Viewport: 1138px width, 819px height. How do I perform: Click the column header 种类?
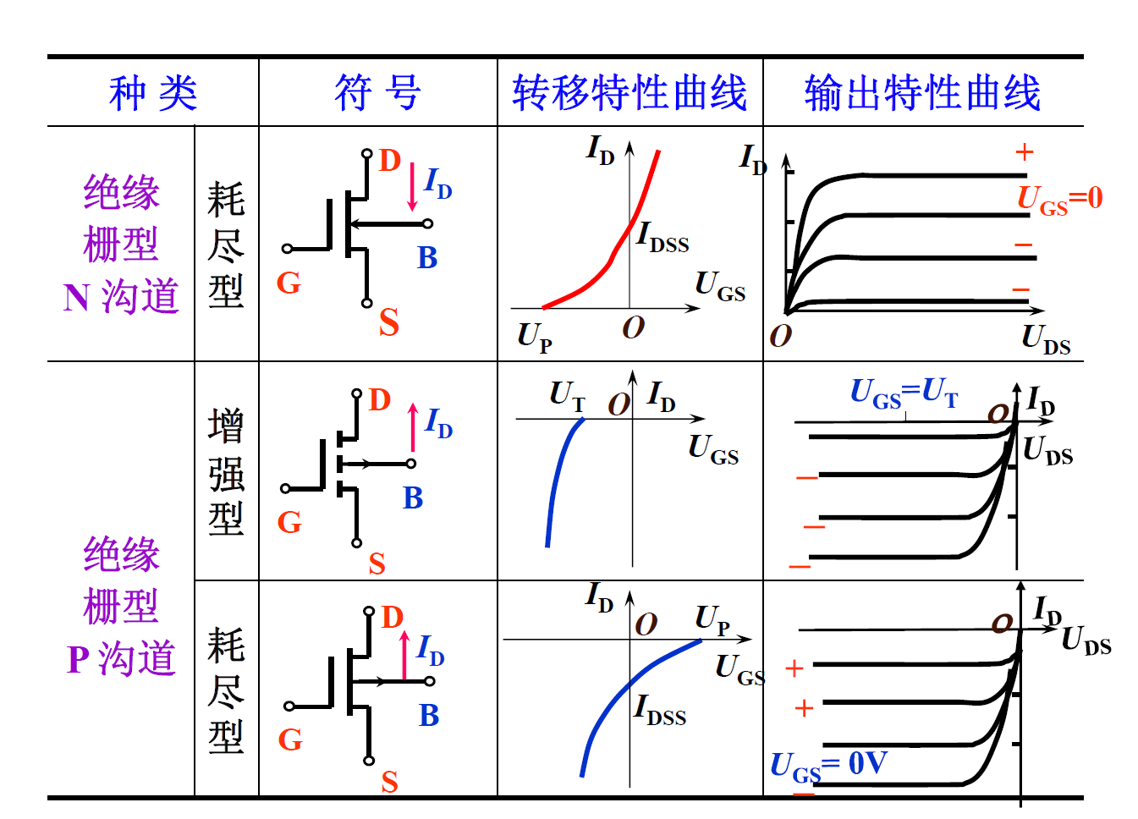click(x=153, y=93)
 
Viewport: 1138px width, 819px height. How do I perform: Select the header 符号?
click(x=377, y=93)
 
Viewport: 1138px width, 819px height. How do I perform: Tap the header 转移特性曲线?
click(x=629, y=93)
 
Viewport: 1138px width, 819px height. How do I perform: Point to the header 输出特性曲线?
click(x=922, y=93)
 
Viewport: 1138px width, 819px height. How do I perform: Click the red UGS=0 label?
click(x=1059, y=200)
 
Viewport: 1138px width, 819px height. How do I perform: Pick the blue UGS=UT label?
click(x=904, y=393)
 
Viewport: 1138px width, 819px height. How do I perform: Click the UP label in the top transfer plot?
click(x=535, y=337)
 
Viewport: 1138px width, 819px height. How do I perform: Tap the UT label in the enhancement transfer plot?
click(x=567, y=395)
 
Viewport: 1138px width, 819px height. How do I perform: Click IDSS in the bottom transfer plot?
click(x=660, y=710)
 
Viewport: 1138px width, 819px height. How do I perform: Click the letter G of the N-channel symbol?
click(x=289, y=283)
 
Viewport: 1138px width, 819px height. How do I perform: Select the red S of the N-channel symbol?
click(x=388, y=322)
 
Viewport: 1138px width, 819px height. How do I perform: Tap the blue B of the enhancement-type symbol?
click(x=413, y=498)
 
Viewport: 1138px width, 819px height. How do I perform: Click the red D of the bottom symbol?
click(x=392, y=618)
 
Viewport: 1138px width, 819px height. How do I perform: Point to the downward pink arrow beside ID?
click(x=412, y=187)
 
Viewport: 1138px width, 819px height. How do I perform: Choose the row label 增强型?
click(x=226, y=471)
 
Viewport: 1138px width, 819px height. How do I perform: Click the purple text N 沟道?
click(x=121, y=297)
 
